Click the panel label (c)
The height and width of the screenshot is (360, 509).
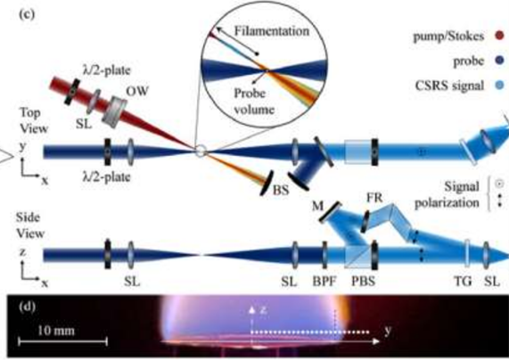click(x=27, y=14)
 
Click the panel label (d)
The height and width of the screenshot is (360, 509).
click(x=28, y=307)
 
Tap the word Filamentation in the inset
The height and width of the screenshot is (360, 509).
click(x=272, y=31)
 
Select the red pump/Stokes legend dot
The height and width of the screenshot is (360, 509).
click(x=499, y=35)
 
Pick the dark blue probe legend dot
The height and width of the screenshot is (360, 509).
click(x=499, y=60)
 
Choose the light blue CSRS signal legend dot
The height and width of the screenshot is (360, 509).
click(x=499, y=85)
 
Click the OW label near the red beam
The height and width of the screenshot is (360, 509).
click(x=137, y=91)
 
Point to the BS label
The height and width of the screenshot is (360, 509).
click(x=281, y=190)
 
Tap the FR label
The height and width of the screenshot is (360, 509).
click(x=374, y=197)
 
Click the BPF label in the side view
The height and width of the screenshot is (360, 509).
click(x=324, y=281)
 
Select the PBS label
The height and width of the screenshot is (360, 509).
click(x=363, y=281)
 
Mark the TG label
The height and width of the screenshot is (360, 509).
click(x=463, y=281)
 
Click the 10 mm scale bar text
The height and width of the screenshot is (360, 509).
click(x=56, y=331)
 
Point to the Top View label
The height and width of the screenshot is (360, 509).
click(x=34, y=120)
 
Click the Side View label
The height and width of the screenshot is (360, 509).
click(x=30, y=225)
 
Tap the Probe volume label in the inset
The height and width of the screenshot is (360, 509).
click(x=254, y=102)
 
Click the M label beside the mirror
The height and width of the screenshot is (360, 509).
click(x=317, y=206)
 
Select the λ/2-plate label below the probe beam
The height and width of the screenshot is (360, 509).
click(x=106, y=177)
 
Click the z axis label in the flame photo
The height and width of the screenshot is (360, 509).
click(x=263, y=309)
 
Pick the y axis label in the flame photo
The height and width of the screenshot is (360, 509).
click(x=388, y=331)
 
